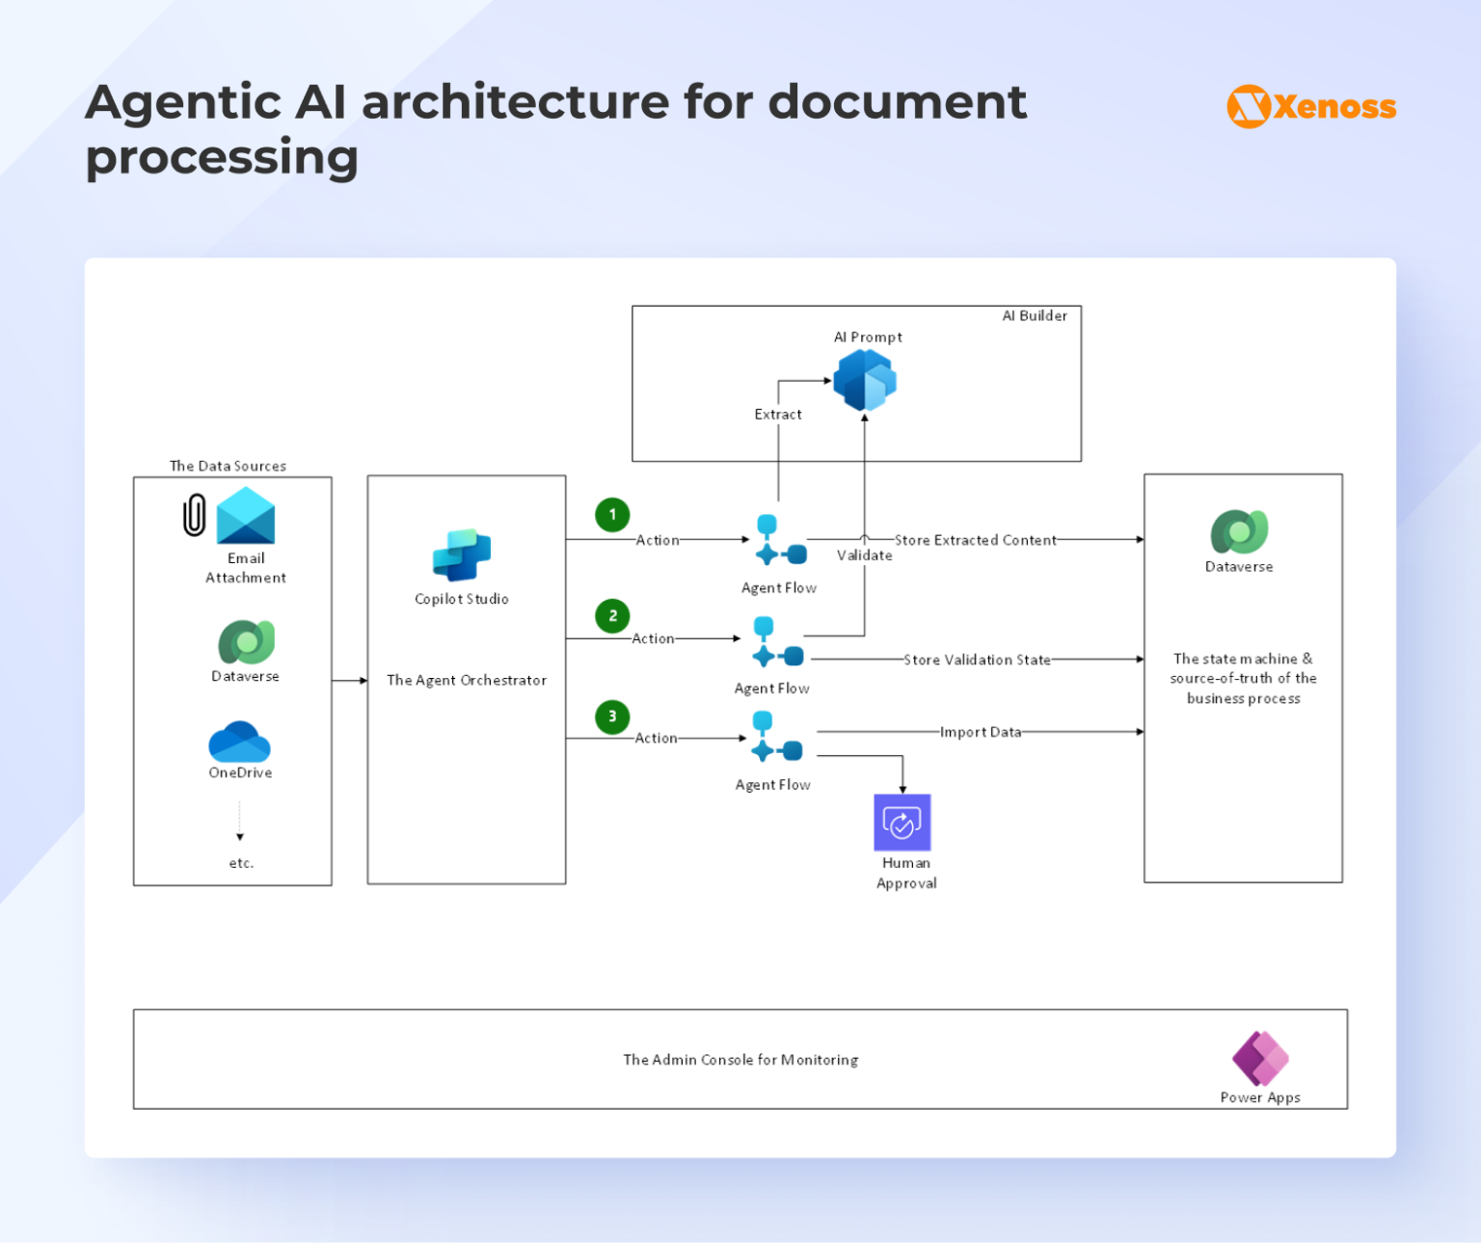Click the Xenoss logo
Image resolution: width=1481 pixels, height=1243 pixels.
[1311, 106]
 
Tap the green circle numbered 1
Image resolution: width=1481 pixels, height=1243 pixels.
[612, 515]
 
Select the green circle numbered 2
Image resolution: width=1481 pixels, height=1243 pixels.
[612, 616]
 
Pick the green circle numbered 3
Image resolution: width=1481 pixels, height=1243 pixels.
[612, 716]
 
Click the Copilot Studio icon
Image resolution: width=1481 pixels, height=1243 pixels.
[462, 554]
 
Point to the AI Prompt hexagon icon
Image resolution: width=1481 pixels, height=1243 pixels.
[865, 380]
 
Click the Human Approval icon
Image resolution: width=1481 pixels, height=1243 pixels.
[902, 823]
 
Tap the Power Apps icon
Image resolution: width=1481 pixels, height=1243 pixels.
[1260, 1058]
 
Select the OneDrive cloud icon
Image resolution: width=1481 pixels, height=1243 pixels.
[239, 742]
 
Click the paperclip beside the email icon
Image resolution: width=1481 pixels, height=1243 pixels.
[195, 515]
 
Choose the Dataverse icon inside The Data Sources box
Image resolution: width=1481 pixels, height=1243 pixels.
[246, 642]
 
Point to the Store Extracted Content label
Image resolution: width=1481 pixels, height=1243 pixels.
[975, 540]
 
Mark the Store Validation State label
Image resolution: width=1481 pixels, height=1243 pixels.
[977, 660]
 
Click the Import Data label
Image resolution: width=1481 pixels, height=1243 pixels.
[981, 732]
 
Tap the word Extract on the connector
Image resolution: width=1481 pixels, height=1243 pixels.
[778, 415]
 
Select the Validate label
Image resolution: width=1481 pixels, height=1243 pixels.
[865, 555]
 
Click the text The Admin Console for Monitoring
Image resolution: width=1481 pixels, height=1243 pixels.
[740, 1060]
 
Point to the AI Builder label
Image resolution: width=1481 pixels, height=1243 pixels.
[1035, 316]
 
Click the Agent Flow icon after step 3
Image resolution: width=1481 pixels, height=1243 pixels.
[778, 739]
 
